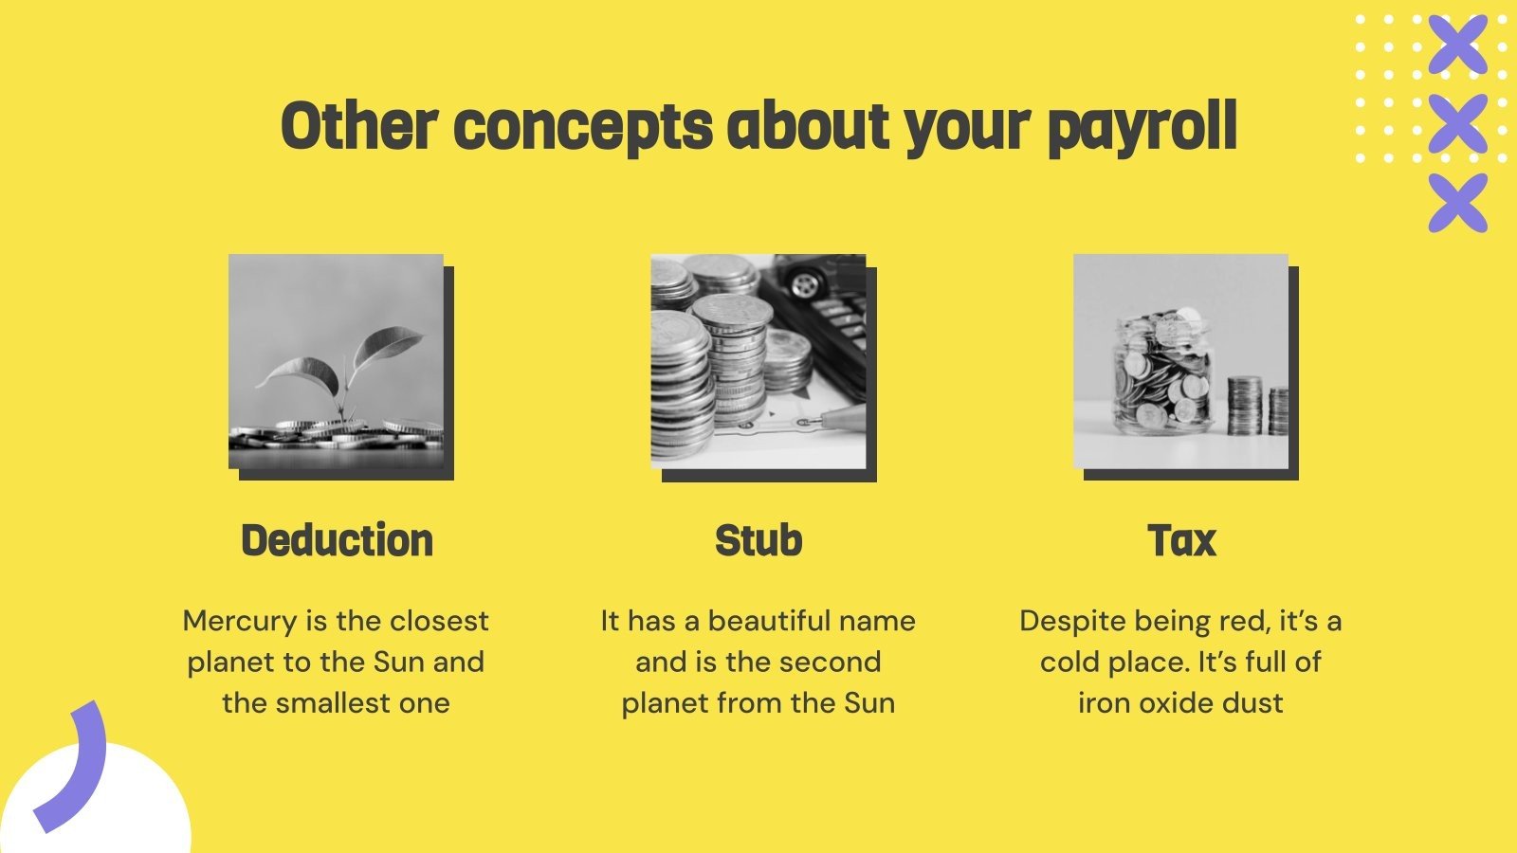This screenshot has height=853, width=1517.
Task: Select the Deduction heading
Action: coord(337,540)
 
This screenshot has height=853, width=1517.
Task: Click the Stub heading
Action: coord(758,540)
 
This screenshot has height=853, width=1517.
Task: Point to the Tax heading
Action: coord(1180,540)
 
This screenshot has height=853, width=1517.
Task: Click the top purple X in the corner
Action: coord(1457,44)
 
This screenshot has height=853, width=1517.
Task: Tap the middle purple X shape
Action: coord(1457,123)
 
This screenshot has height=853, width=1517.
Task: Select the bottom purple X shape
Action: coord(1457,202)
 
